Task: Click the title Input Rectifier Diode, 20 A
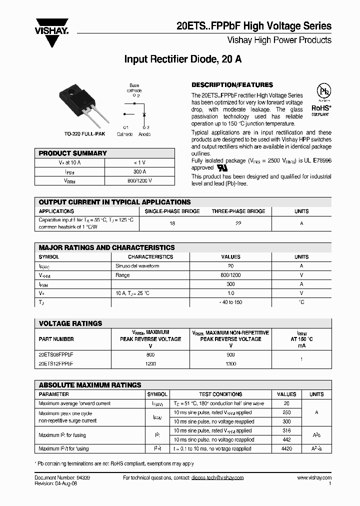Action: pyautogui.click(x=183, y=59)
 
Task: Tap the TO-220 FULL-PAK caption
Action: pyautogui.click(x=84, y=134)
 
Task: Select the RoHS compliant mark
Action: pyautogui.click(x=320, y=107)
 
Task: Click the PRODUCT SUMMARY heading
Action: pyautogui.click(x=73, y=153)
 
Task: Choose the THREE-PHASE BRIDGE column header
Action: pyautogui.click(x=238, y=211)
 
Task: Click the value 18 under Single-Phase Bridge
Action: pyautogui.click(x=172, y=223)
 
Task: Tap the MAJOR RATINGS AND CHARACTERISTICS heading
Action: pyautogui.click(x=107, y=247)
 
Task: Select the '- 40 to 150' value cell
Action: pyautogui.click(x=230, y=302)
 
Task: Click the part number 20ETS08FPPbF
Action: pyautogui.click(x=56, y=354)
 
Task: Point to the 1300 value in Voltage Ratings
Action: pyautogui.click(x=230, y=363)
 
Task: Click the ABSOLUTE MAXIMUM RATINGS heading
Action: pyautogui.click(x=90, y=385)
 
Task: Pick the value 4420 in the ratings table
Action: pyautogui.click(x=286, y=448)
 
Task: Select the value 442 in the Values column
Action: pyautogui.click(x=286, y=439)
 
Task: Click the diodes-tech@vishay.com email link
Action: pyautogui.click(x=217, y=477)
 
